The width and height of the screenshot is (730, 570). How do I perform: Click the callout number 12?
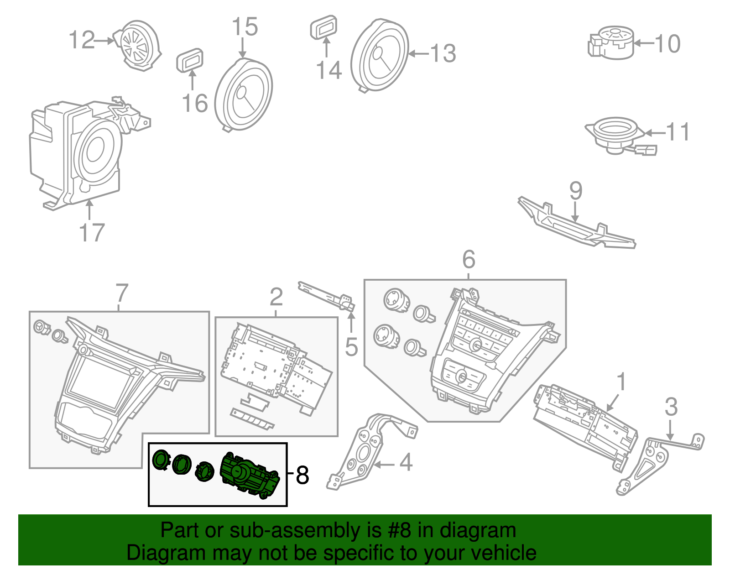click(x=82, y=40)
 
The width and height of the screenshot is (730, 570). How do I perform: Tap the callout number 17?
click(x=92, y=233)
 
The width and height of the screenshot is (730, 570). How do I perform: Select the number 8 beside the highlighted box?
click(x=302, y=475)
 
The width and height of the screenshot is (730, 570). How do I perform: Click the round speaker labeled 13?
click(x=380, y=56)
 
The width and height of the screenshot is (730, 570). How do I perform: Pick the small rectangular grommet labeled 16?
click(x=190, y=60)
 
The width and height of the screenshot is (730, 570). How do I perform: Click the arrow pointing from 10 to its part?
click(x=644, y=44)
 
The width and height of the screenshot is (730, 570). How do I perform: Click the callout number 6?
click(x=469, y=260)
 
